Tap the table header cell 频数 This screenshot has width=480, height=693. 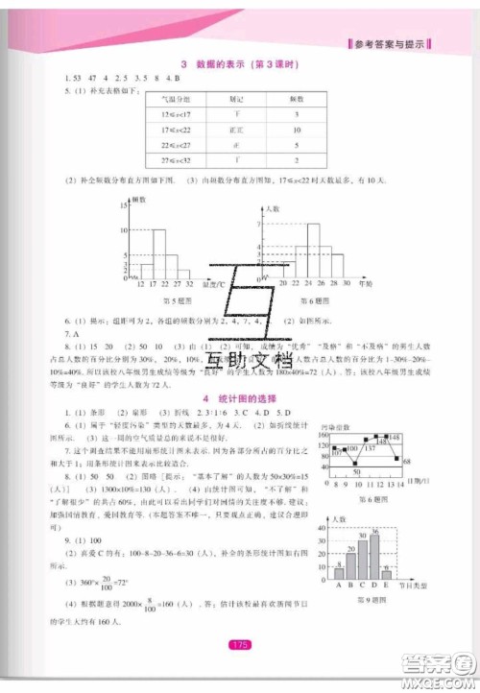297,98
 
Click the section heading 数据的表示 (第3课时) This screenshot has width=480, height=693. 239,64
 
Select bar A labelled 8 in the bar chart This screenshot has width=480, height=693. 339,573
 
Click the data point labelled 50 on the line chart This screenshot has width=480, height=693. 353,465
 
